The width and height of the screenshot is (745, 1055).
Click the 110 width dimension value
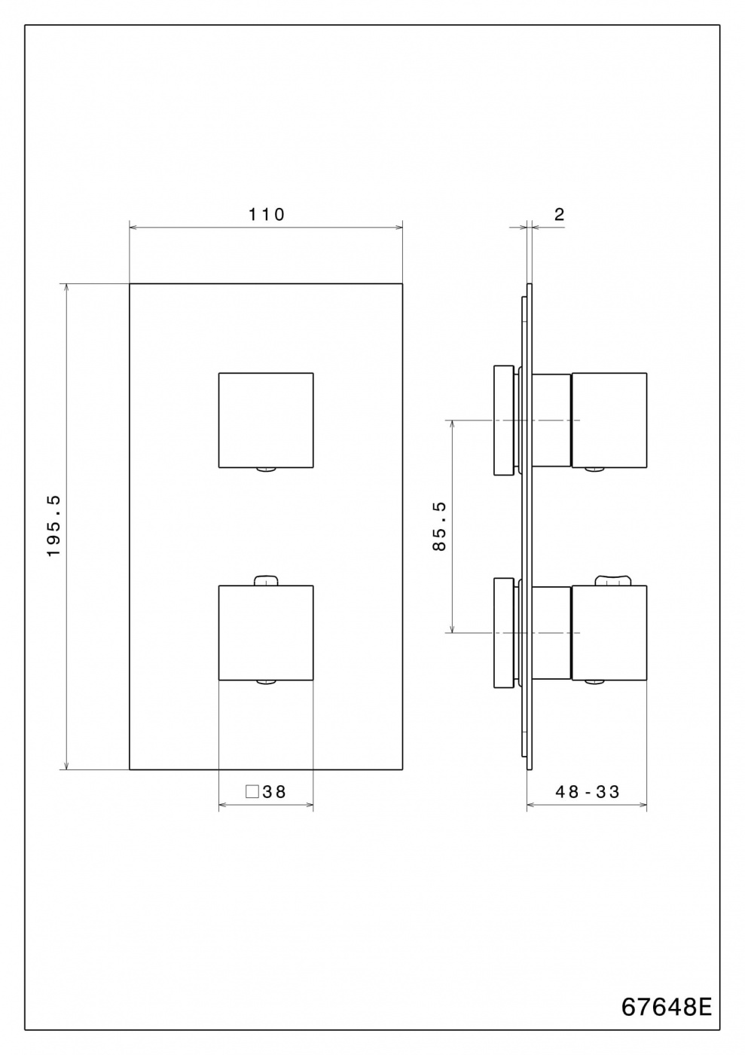pos(267,215)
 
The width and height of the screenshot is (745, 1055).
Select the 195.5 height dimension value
pos(53,526)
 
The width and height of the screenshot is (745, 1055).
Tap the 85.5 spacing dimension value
pos(440,526)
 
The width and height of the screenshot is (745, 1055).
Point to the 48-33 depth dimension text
pos(588,792)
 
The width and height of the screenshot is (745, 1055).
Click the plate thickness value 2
pos(559,215)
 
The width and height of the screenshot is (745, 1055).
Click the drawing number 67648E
pos(666,1008)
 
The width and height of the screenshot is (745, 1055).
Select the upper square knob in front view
pos(265,420)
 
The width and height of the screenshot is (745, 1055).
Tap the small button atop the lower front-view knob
pos(266,580)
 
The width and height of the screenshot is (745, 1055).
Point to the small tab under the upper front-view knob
pos(266,469)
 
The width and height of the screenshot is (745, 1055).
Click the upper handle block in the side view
pos(609,420)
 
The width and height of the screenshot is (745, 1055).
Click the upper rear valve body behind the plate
pos(503,420)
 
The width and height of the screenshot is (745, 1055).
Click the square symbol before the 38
pos(252,792)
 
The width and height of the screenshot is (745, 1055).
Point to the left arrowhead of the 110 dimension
pos(133,226)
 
